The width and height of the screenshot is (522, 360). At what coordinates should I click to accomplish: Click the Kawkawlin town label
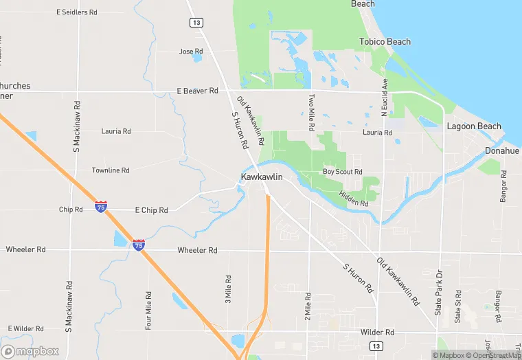pyautogui.click(x=262, y=177)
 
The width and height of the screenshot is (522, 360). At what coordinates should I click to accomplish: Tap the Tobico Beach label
pyautogui.click(x=385, y=42)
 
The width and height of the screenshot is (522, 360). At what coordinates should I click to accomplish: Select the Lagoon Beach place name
pyautogui.click(x=474, y=126)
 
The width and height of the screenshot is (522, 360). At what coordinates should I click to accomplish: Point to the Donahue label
pyautogui.click(x=502, y=150)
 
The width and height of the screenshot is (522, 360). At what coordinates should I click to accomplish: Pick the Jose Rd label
pyautogui.click(x=191, y=52)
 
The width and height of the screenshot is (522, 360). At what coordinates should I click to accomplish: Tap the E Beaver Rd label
pyautogui.click(x=197, y=91)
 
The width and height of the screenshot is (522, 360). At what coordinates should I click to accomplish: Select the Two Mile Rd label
pyautogui.click(x=311, y=113)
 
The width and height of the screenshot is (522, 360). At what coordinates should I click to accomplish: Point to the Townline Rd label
pyautogui.click(x=111, y=170)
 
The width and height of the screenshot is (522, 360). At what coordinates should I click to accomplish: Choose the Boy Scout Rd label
pyautogui.click(x=342, y=172)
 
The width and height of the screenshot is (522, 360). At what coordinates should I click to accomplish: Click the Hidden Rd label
pyautogui.click(x=354, y=199)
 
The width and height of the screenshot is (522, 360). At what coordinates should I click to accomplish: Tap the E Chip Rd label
pyautogui.click(x=151, y=210)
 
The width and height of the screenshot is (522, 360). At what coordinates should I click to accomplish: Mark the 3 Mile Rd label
pyautogui.click(x=229, y=289)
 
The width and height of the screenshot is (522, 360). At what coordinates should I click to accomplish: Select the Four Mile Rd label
pyautogui.click(x=148, y=310)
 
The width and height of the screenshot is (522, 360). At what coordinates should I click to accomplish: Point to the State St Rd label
pyautogui.click(x=458, y=306)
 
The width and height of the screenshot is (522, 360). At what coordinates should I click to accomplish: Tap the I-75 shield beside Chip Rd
pyautogui.click(x=101, y=207)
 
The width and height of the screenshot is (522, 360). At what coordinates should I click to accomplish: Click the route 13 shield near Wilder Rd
pyautogui.click(x=376, y=346)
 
